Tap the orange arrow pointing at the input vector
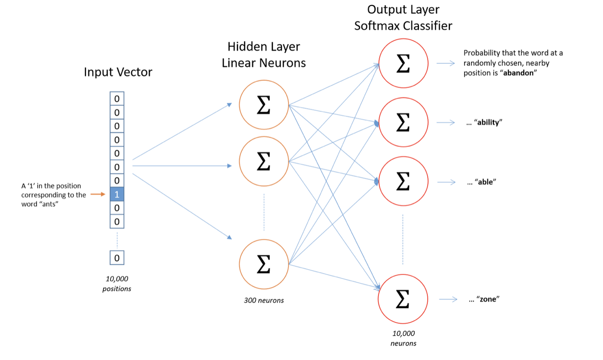click(98, 194)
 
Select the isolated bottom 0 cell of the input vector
click(117, 258)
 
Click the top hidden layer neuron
click(263, 104)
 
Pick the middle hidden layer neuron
click(263, 162)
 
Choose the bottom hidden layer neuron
click(263, 264)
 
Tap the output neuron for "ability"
click(403, 123)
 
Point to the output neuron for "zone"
click(403, 299)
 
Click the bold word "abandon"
click(520, 73)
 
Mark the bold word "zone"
click(488, 300)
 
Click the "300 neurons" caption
click(263, 300)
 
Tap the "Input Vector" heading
click(118, 72)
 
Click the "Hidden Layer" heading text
click(263, 47)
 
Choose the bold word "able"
click(485, 182)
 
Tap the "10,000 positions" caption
click(117, 284)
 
